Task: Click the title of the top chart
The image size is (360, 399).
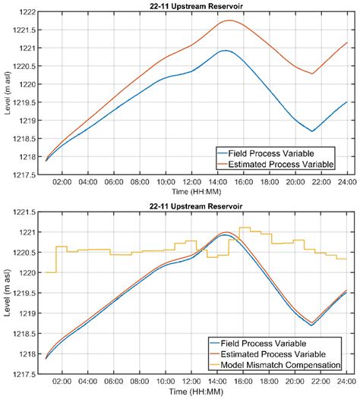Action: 196,6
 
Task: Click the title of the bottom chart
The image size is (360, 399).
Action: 196,206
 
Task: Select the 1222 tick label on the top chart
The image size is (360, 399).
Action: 27,12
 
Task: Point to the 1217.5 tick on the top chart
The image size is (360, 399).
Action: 24,175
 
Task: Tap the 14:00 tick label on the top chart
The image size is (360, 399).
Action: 217,182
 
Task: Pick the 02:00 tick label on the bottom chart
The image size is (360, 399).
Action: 62,382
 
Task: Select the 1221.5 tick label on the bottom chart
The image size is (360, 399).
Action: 24,212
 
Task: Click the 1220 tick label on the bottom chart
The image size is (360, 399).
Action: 27,273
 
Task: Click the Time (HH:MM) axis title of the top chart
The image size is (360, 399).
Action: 196,191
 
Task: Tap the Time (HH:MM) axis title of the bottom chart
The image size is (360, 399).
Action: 196,391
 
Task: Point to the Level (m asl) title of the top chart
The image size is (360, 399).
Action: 8,93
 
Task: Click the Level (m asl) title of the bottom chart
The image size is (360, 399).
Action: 8,293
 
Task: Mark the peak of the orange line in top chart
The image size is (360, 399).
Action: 230,20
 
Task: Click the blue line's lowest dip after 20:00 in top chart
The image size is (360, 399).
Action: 312,131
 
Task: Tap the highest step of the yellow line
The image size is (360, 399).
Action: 245,228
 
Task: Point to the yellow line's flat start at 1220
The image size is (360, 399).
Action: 51,272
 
